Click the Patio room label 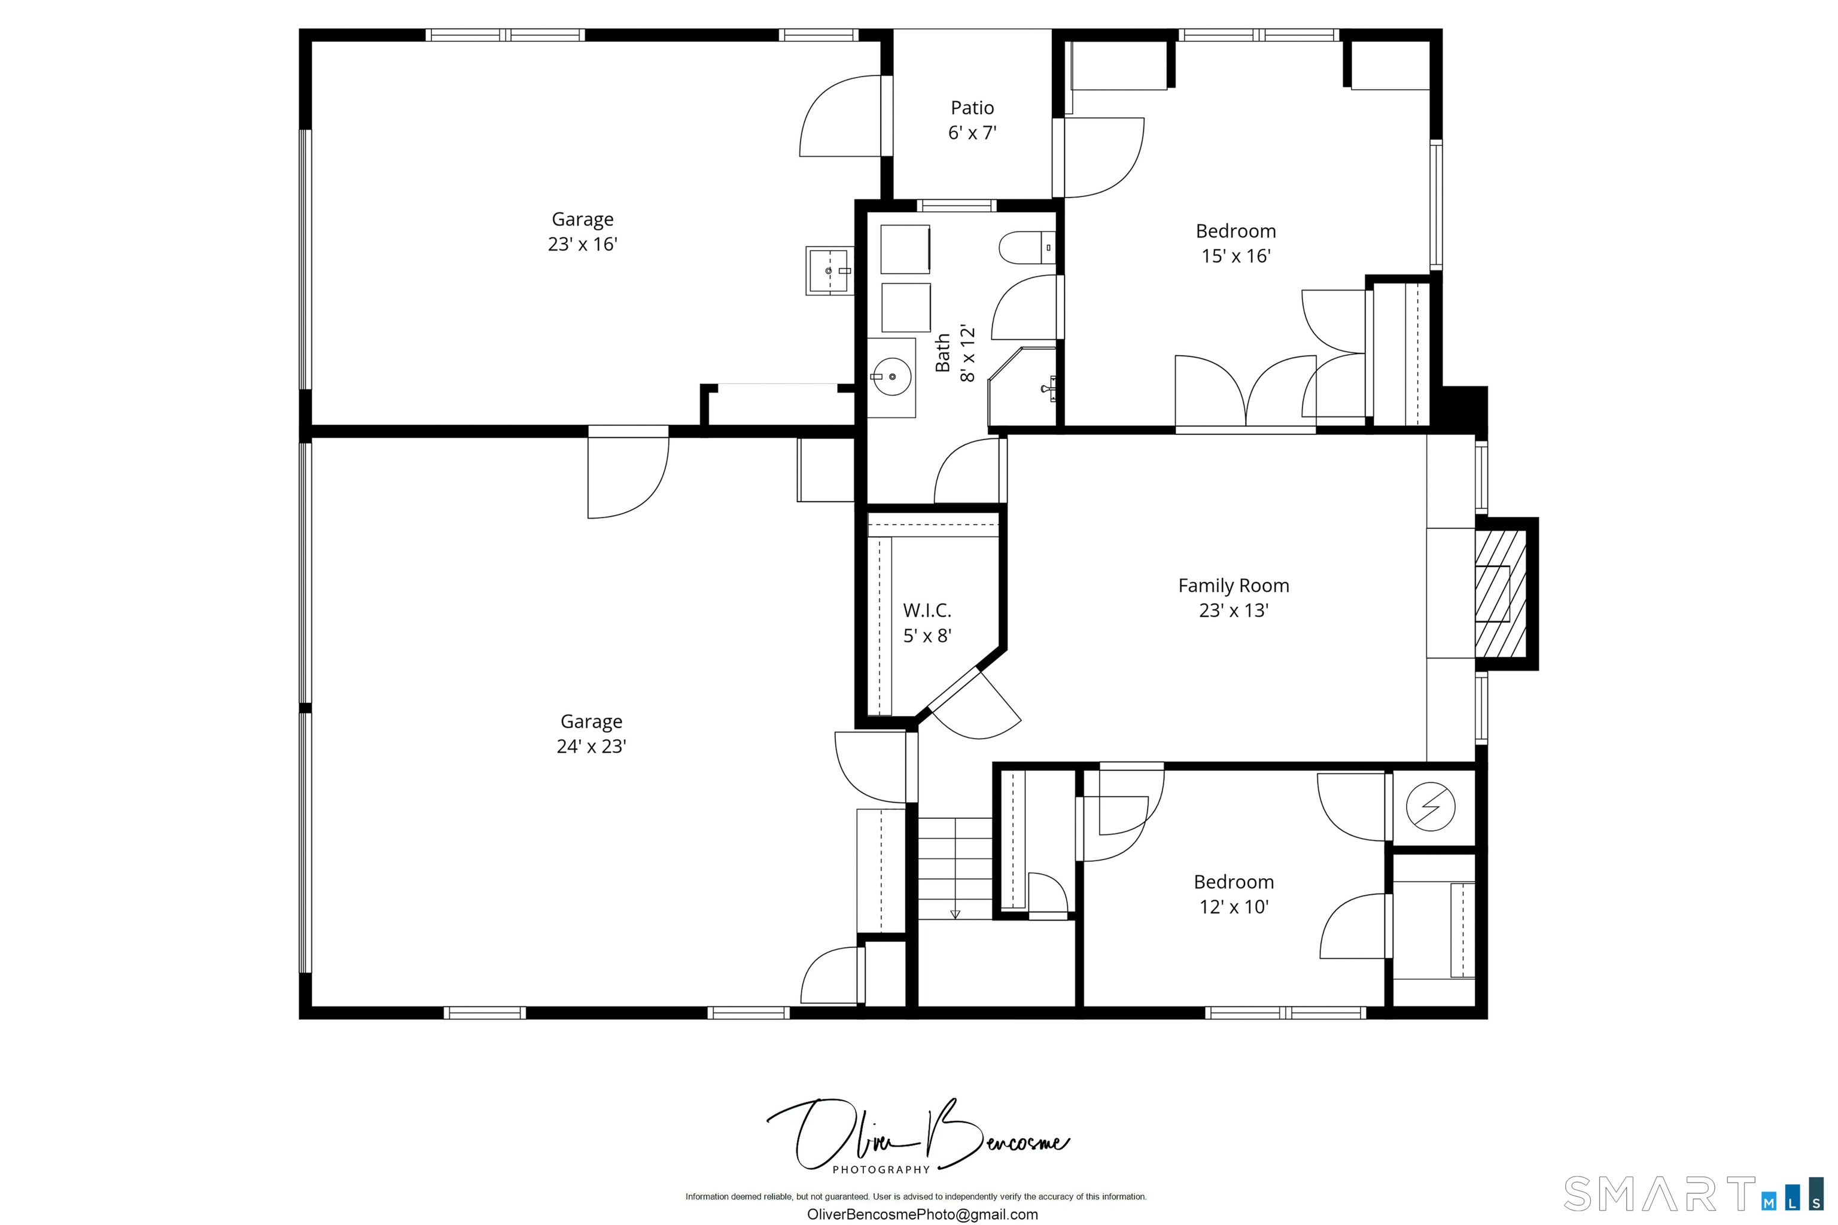[x=972, y=108]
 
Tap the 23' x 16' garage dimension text [x=582, y=245]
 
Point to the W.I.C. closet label [x=927, y=610]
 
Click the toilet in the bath [x=1024, y=248]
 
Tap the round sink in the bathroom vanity [x=891, y=377]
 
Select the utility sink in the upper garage [x=829, y=271]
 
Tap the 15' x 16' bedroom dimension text [x=1236, y=256]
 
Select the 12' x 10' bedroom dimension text [x=1233, y=907]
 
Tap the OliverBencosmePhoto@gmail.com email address [x=922, y=1214]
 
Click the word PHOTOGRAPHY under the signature [x=881, y=1169]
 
